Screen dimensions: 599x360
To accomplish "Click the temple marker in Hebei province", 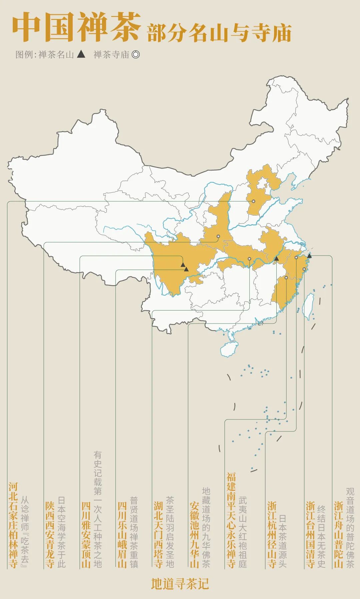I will click(x=253, y=201).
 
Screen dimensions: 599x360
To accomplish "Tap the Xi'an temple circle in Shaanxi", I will click(x=218, y=236).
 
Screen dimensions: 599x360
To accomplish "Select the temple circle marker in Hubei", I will click(x=249, y=259).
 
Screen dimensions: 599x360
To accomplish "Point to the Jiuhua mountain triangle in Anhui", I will click(x=276, y=259).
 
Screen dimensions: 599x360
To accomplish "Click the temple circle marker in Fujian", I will click(x=286, y=277).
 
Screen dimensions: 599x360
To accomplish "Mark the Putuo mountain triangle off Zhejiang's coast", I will click(x=309, y=256).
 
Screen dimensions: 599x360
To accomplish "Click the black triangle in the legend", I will click(x=81, y=54).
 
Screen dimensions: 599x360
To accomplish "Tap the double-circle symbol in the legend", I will click(x=136, y=54).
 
